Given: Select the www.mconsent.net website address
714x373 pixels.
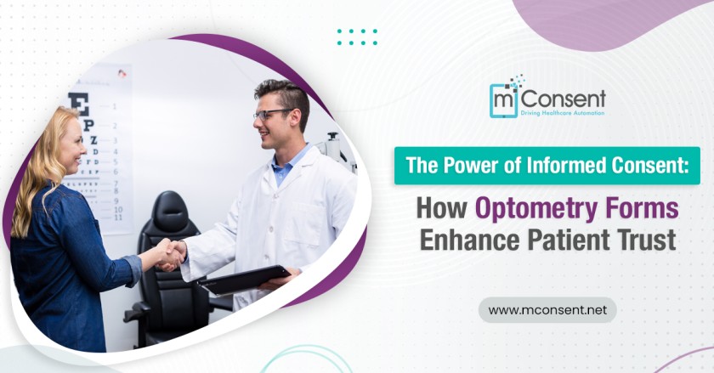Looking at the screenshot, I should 547,310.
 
